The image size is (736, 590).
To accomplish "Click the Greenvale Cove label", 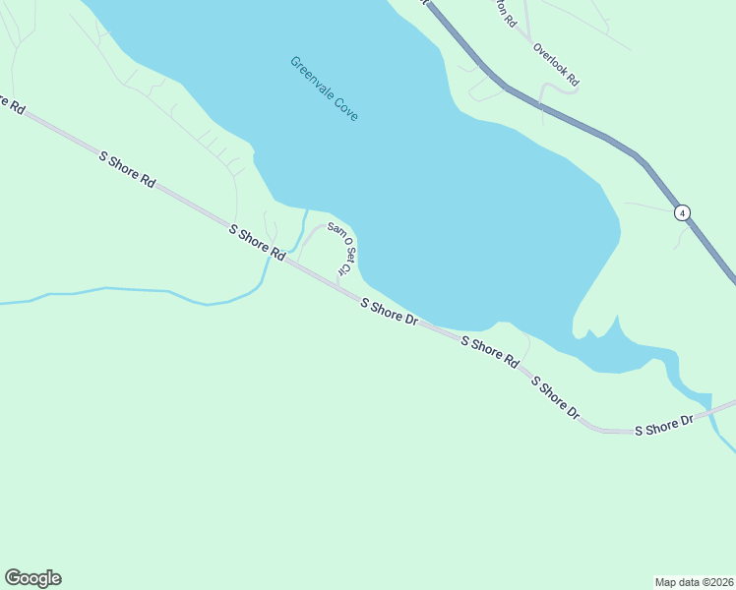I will [x=324, y=88].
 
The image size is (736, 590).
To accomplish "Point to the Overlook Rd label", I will [x=556, y=64].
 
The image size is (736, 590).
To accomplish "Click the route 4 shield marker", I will [x=682, y=212].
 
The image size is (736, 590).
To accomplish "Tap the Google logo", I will [x=32, y=578].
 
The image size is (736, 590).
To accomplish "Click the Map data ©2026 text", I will [x=694, y=581].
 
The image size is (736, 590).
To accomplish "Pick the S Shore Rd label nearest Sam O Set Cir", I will [x=257, y=243].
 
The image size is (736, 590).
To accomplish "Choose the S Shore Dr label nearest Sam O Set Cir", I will [x=390, y=314].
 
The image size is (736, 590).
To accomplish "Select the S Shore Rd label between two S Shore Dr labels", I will [x=490, y=350].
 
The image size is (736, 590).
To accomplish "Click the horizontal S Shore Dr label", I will [x=664, y=426].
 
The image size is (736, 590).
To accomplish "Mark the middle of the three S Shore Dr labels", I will [x=555, y=397].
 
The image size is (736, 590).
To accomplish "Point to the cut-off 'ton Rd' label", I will [x=505, y=12].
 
